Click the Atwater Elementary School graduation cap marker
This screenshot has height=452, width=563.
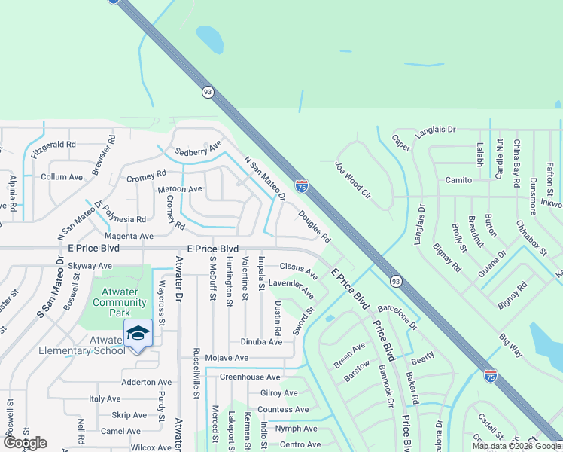click(x=138, y=333)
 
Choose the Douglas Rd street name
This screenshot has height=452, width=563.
click(x=314, y=226)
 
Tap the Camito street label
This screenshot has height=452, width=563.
click(x=458, y=180)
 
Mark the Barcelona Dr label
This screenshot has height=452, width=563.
click(x=397, y=317)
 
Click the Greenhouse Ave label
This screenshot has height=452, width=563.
click(x=250, y=377)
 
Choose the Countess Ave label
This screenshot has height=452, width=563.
click(x=283, y=410)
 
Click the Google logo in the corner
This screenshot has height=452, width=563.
click(x=24, y=443)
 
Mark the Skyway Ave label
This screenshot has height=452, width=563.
click(x=90, y=266)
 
